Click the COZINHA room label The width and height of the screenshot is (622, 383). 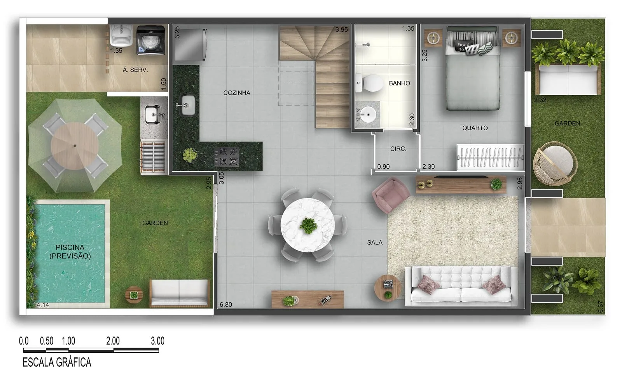tap(237, 93)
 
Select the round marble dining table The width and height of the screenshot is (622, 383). tap(308, 225)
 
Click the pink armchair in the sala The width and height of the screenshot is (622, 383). tap(391, 195)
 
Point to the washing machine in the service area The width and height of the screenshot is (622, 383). tap(151, 40)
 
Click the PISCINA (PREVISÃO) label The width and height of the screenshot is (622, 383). tap(70, 252)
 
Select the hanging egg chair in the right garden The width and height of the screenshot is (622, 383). tap(554, 164)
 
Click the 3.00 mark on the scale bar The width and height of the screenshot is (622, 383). tap(157, 341)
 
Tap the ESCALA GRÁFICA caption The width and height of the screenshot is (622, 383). tap(57, 362)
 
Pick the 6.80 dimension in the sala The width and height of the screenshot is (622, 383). tap(226, 305)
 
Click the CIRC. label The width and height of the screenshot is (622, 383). tap(398, 149)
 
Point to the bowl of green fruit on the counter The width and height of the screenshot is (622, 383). tap(190, 155)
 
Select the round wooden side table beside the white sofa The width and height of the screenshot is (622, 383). tap(388, 288)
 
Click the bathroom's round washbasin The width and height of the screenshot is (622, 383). tap(368, 114)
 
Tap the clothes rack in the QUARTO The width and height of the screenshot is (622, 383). tap(490, 157)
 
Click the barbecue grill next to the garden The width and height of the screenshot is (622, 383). tap(153, 157)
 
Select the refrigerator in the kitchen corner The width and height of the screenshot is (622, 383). tap(190, 44)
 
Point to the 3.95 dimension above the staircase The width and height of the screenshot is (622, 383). tap(342, 30)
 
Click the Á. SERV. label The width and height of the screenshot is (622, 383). tap(135, 70)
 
